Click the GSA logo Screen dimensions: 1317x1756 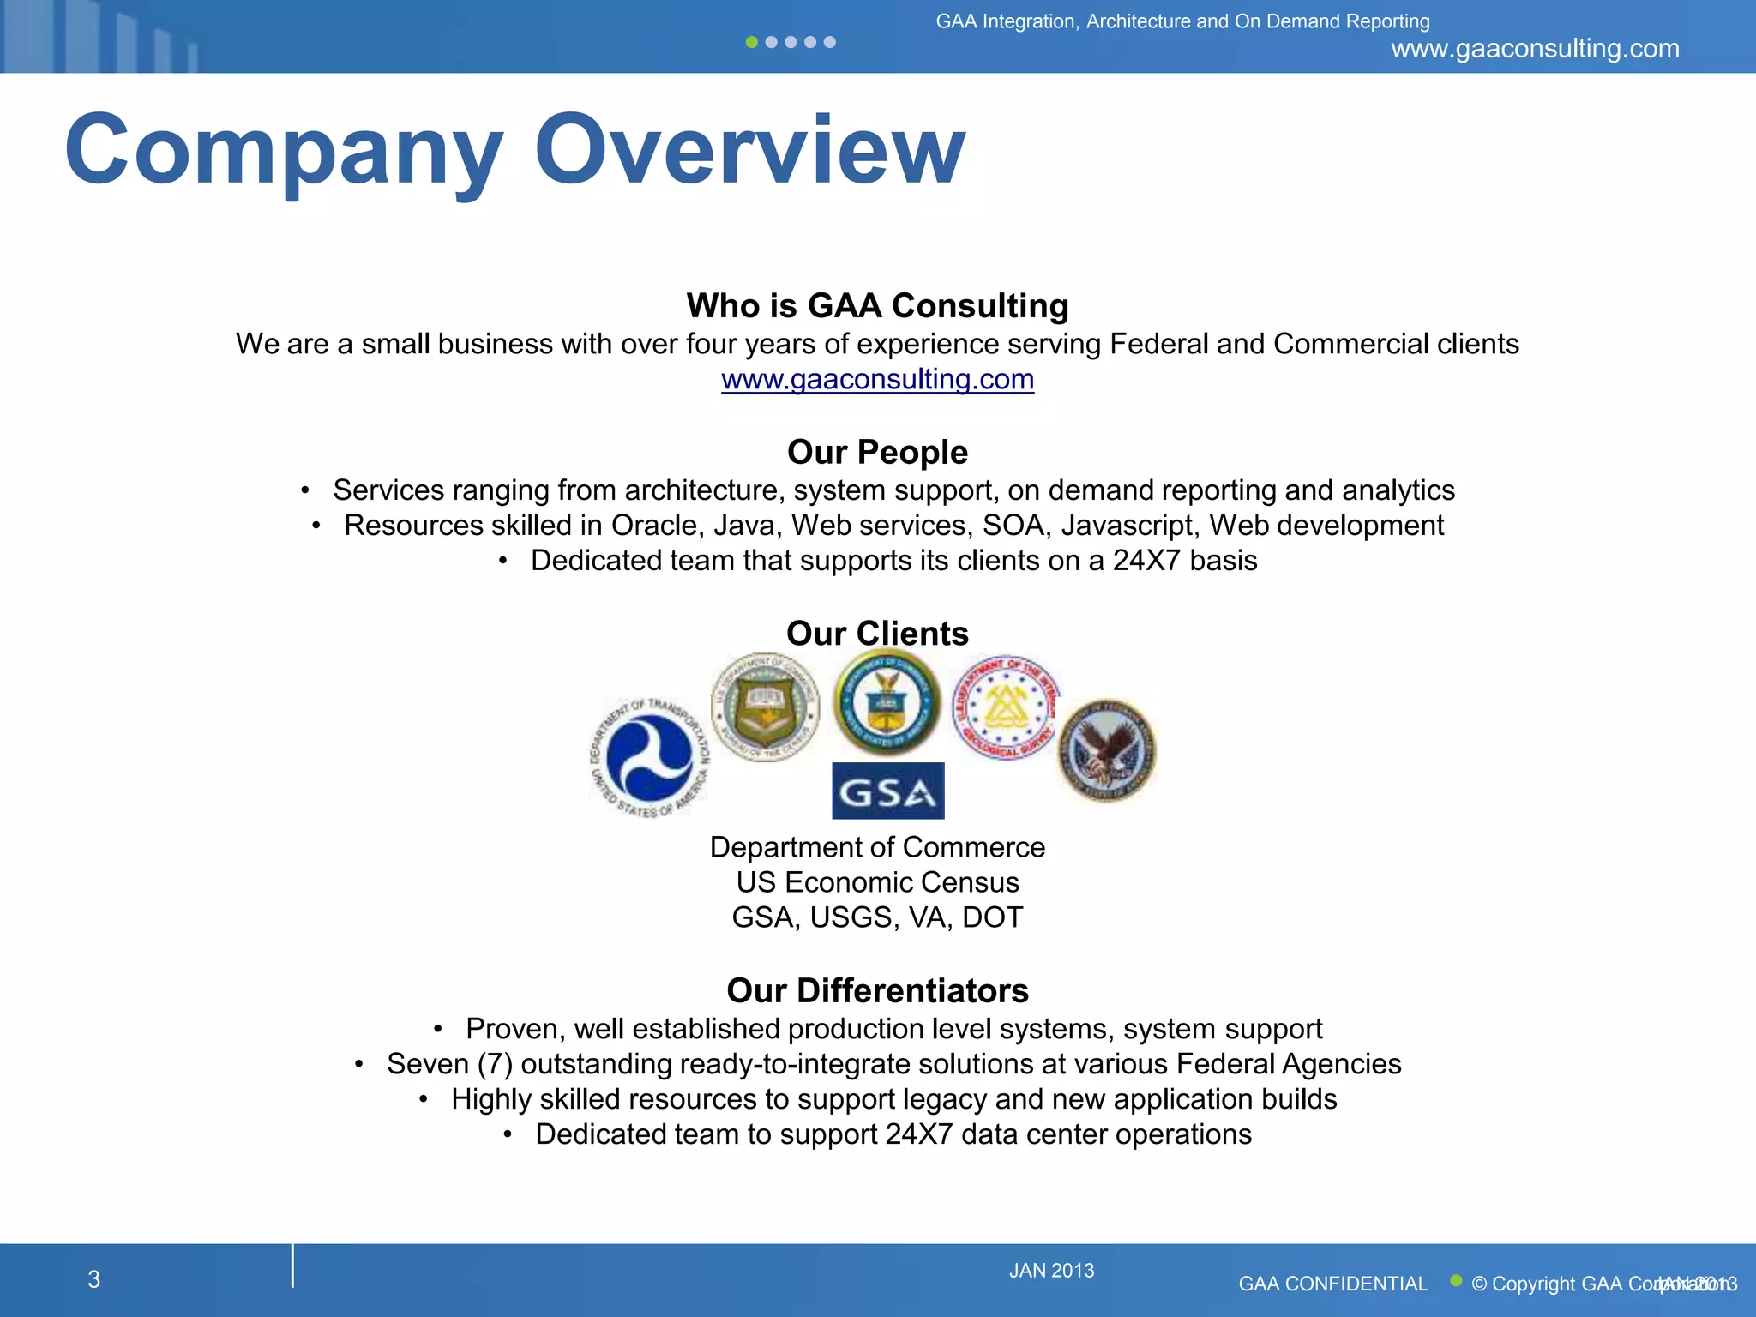tap(887, 791)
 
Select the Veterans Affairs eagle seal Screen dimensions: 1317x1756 tap(1106, 750)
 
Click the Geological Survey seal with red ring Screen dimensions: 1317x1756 tap(1004, 707)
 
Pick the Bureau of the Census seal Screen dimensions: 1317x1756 tap(765, 707)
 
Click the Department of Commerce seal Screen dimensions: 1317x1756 tap(887, 702)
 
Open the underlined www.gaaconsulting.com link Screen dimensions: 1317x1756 tap(877, 379)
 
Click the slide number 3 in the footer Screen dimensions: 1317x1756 tap(94, 1279)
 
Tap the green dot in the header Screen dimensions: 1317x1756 tap(752, 42)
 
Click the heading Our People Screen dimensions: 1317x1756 tap(877, 452)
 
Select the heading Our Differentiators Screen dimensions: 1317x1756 tap(877, 990)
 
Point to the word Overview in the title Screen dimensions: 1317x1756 tap(749, 150)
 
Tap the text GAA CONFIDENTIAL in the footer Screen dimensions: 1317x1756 tap(1332, 1284)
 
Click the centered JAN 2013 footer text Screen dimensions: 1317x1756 tap(1051, 1271)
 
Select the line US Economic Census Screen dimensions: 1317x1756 tap(877, 882)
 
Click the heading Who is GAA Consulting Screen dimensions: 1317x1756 tap(877, 305)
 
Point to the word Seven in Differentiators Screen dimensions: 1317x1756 tap(427, 1064)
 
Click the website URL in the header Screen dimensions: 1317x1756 tap(1535, 49)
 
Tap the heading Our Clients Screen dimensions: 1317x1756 tap(877, 633)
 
